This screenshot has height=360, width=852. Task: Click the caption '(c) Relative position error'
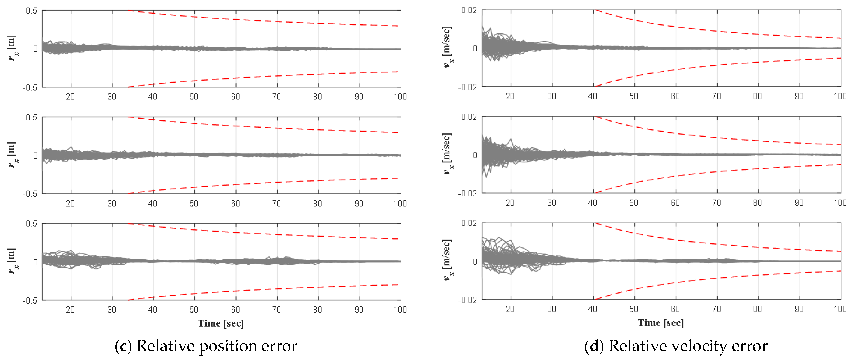pos(206,346)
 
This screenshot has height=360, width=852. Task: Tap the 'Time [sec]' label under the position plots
pos(221,323)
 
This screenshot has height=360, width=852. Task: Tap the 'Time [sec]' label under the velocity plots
pos(660,322)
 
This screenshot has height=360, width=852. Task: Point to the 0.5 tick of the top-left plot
pos(31,11)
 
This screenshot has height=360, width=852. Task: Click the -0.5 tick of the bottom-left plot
pos(30,300)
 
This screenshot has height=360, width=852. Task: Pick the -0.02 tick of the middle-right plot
pos(467,193)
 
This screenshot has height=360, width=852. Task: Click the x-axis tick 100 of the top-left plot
pos(400,97)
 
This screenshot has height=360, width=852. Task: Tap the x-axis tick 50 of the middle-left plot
pos(194,203)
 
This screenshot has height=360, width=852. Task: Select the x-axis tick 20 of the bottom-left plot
pos(70,309)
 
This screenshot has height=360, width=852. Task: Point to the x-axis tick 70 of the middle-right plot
pos(716,203)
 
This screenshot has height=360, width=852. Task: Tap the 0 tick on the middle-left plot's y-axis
pos(35,155)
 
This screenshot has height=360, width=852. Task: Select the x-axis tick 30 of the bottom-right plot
pos(551,309)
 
